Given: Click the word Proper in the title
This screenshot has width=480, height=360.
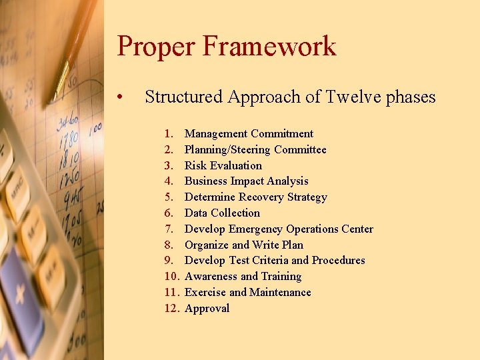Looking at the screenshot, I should [154, 47].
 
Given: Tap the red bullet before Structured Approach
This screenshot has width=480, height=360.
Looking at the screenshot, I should [118, 98].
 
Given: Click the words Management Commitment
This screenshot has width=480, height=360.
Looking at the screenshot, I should [249, 134].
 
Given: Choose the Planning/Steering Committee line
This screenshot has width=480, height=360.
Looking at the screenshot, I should [255, 150].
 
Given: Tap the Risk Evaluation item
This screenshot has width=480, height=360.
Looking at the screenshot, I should [223, 165].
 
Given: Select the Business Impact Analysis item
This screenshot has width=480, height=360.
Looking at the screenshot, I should [246, 181].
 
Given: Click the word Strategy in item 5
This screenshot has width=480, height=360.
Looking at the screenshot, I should [307, 197].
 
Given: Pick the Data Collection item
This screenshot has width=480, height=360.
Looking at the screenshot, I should [222, 213].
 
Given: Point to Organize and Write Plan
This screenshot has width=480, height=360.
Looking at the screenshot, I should [243, 245].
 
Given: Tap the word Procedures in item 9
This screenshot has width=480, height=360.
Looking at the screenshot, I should [339, 261].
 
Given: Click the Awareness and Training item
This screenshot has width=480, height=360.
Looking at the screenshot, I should [243, 277].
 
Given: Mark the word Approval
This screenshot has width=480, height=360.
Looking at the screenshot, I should [207, 309].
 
